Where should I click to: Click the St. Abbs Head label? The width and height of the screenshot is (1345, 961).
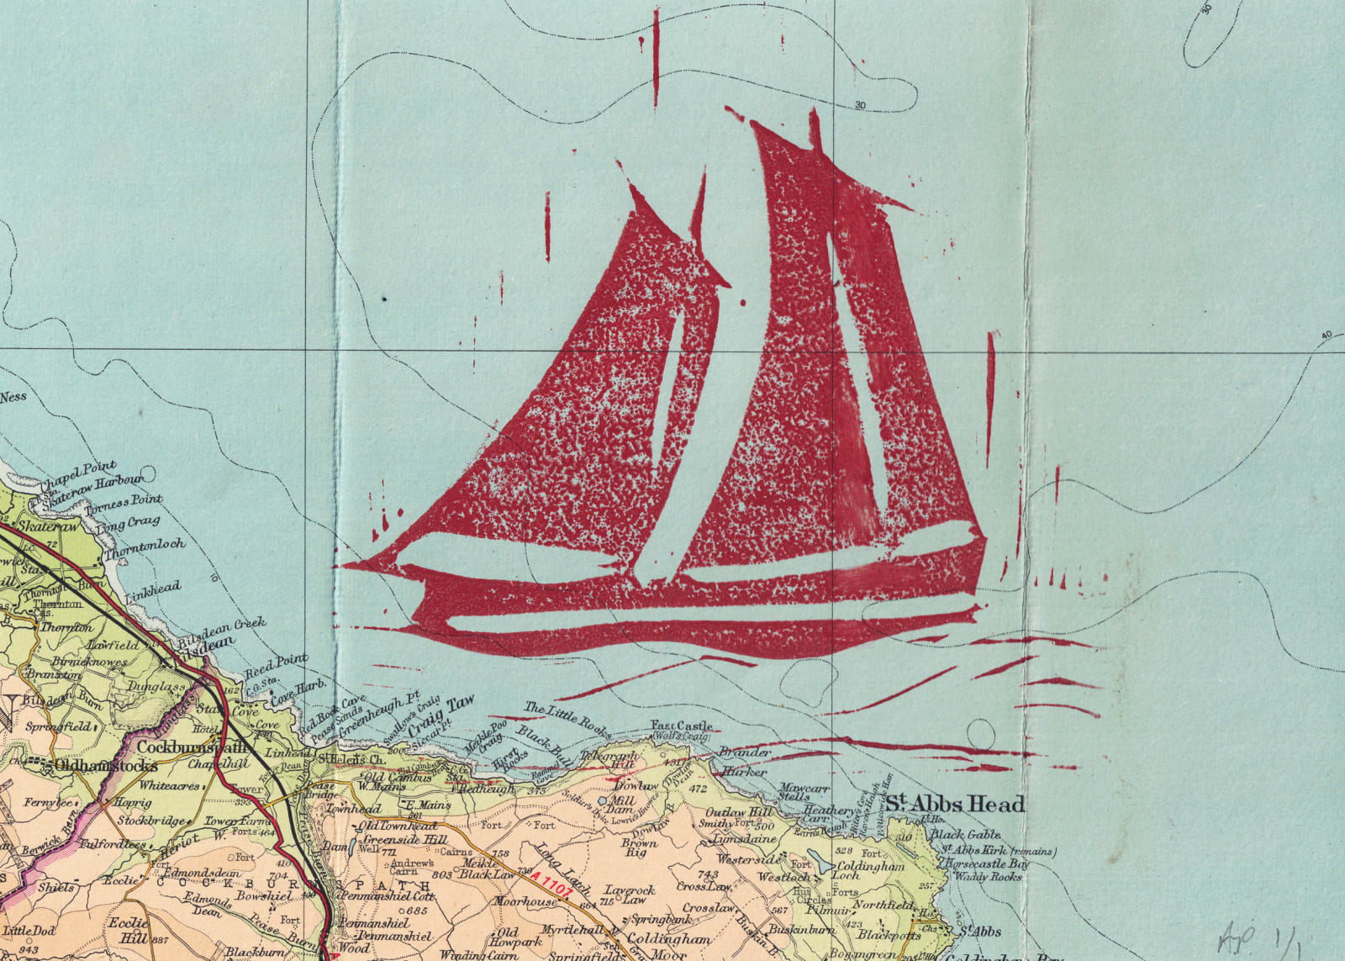click(x=955, y=804)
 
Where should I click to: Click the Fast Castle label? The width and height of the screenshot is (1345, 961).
click(x=682, y=726)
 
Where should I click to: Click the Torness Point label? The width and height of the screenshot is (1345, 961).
click(x=125, y=505)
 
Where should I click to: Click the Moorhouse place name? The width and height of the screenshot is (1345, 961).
click(x=525, y=902)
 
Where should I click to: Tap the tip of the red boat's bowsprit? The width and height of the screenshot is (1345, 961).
click(x=345, y=564)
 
